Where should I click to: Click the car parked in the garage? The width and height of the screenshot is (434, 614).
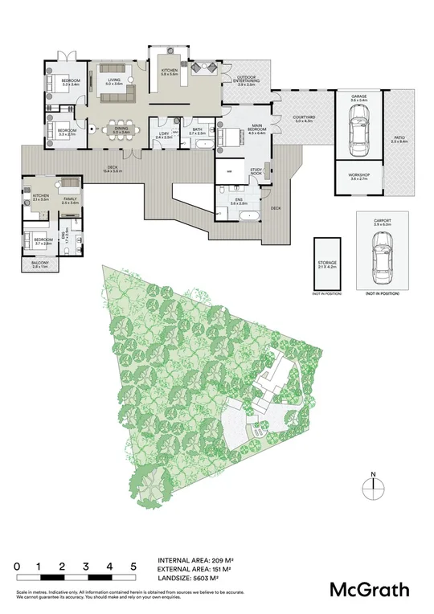[358, 128]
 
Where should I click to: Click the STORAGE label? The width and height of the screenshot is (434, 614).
[327, 264]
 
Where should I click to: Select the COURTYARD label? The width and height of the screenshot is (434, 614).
[305, 117]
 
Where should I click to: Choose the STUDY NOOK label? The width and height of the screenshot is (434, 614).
[257, 171]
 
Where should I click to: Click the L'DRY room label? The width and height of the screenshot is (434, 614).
[163, 134]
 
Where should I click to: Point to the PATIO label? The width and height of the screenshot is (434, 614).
[400, 138]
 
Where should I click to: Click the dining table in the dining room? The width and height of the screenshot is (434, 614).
[121, 127]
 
